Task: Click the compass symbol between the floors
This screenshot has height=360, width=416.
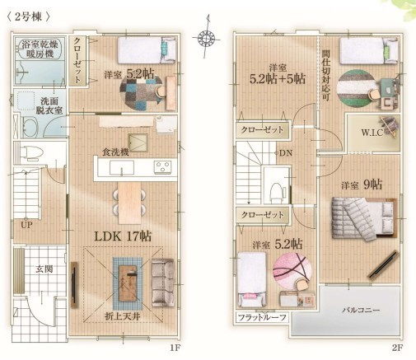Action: (x=206, y=37)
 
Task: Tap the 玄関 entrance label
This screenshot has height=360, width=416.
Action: (x=44, y=269)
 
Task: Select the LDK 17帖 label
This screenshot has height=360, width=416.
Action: (x=123, y=236)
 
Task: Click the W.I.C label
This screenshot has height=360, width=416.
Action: (x=372, y=133)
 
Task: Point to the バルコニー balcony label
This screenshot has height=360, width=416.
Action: (x=361, y=310)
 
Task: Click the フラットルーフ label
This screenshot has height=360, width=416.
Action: (x=262, y=318)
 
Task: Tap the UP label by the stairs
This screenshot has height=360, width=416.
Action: (x=26, y=225)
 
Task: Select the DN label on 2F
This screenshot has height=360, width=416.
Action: (x=286, y=153)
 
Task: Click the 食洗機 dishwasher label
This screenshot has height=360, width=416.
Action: (x=115, y=152)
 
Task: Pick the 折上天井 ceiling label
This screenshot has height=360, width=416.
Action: (x=123, y=316)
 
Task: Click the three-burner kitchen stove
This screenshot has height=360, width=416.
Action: (x=163, y=167)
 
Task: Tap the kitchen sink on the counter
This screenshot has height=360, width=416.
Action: (x=122, y=168)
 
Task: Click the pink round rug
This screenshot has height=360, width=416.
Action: (x=292, y=270)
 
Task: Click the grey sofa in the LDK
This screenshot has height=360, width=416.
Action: (x=163, y=283)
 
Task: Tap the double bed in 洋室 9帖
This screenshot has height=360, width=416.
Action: (x=364, y=218)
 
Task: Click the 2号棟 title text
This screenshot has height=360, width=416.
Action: (x=28, y=17)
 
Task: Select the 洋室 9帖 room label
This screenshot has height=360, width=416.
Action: (x=362, y=185)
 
